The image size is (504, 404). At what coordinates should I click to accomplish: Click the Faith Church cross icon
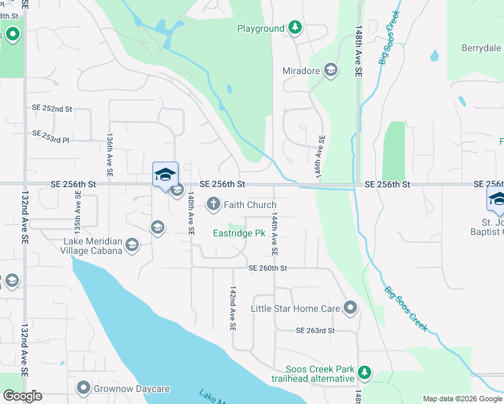click(x=214, y=203)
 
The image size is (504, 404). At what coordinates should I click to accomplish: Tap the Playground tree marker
click(x=294, y=28)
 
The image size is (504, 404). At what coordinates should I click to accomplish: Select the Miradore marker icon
click(x=330, y=70)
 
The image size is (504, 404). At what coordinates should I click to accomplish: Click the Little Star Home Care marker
click(x=350, y=308)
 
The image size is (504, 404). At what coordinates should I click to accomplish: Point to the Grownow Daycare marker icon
click(x=84, y=388)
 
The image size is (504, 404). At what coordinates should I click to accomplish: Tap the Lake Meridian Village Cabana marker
click(x=132, y=244)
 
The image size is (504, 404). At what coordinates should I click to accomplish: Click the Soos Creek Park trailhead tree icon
click(x=364, y=372)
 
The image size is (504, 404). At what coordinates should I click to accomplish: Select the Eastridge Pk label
click(x=239, y=234)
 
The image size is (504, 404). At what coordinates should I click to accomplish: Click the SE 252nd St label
click(x=52, y=108)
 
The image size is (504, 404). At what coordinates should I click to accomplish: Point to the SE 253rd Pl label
click(x=51, y=134)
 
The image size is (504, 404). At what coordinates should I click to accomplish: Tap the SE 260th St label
click(x=268, y=268)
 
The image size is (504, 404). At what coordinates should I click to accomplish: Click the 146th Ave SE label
click(x=321, y=157)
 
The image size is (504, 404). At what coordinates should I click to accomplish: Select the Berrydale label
click(x=481, y=48)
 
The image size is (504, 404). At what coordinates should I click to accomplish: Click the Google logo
click(x=22, y=396)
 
